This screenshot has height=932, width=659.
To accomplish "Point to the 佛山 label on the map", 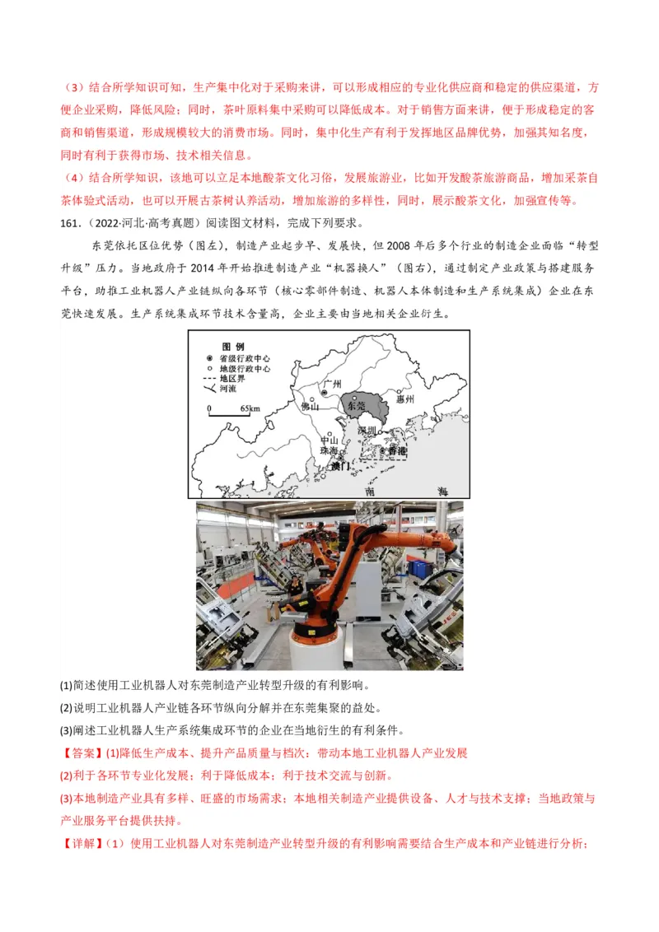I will point(309,406).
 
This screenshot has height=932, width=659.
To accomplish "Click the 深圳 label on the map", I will point(366,431).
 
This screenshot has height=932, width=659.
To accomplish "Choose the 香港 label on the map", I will point(397,451).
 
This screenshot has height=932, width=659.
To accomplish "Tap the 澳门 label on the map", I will point(339,466).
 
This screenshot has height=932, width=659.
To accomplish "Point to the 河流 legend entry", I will point(227,389).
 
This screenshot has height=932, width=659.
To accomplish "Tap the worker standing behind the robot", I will point(292,586).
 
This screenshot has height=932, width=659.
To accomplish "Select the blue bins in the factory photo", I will point(420,568).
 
